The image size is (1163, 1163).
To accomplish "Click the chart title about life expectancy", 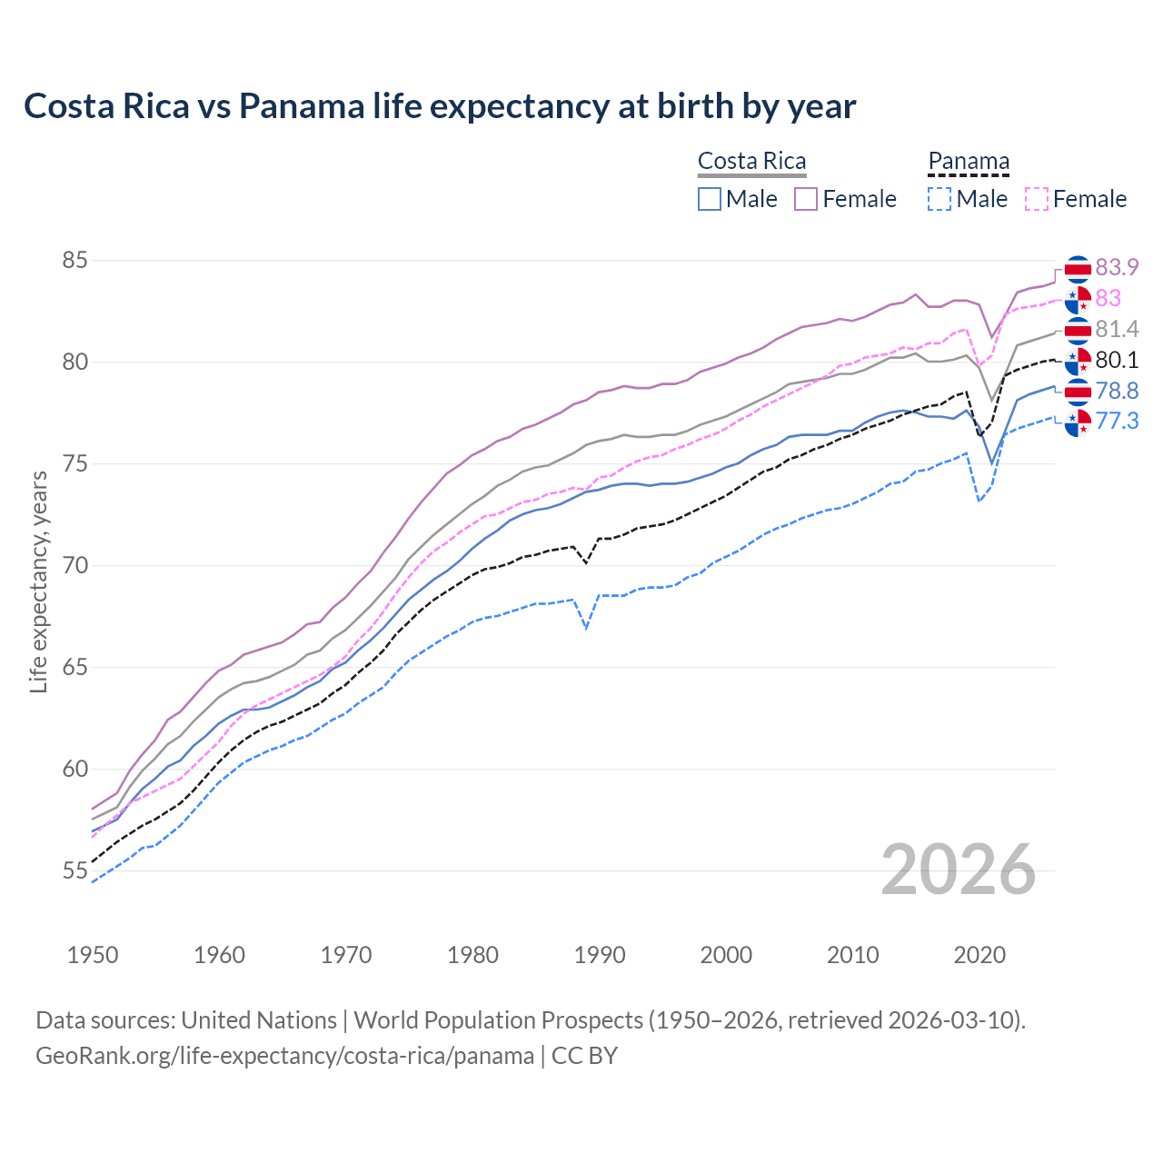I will [x=440, y=106].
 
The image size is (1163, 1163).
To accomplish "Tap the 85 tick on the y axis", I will [x=75, y=261].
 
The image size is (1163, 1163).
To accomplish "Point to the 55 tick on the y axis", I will [x=75, y=871].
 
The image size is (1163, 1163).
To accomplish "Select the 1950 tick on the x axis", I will [x=94, y=955].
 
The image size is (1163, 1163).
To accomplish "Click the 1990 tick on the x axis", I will [x=600, y=955].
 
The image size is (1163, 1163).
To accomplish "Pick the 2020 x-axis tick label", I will [x=979, y=955].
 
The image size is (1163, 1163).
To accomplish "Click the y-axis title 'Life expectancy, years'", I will [x=38, y=581].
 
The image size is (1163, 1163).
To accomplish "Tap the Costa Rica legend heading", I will [x=751, y=162].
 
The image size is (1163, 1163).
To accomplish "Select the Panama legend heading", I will [x=969, y=162].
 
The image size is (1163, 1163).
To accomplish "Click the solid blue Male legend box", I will [x=710, y=199].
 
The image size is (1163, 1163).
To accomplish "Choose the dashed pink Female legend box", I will [x=1037, y=199].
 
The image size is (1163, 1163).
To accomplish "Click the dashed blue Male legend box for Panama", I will [x=939, y=199].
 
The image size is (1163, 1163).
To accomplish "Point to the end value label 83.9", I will [x=1117, y=267].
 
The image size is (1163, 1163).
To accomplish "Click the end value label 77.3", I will [x=1117, y=421].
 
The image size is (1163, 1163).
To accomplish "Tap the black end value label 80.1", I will [x=1117, y=360].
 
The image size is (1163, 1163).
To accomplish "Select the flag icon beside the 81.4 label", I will [x=1078, y=330].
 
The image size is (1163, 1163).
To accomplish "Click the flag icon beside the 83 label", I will [x=1078, y=299].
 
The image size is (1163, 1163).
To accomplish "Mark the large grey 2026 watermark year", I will [x=959, y=870].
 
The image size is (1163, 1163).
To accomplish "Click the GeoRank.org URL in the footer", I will [x=284, y=1056].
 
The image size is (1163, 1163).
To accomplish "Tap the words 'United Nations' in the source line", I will [x=259, y=1020].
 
